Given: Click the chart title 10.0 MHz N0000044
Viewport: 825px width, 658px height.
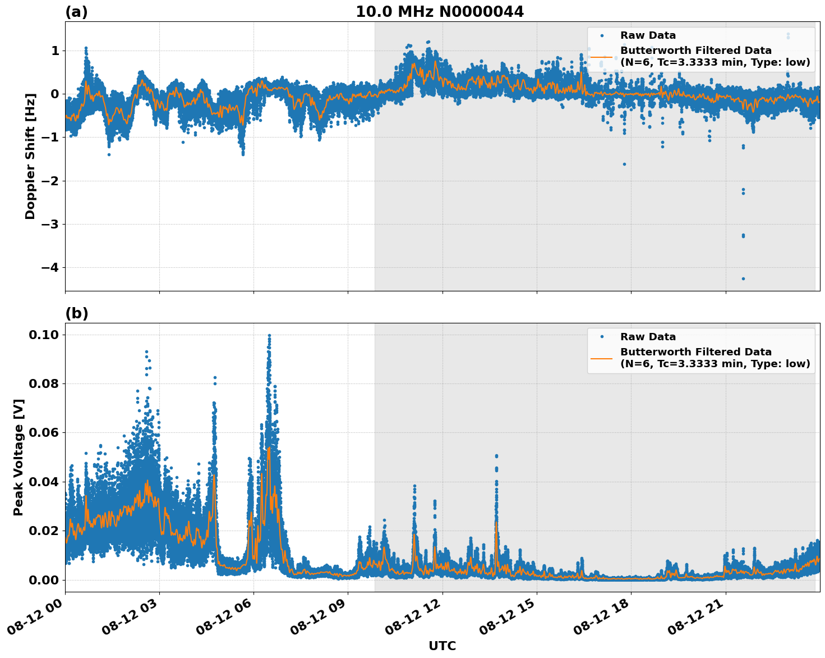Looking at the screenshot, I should (439, 12).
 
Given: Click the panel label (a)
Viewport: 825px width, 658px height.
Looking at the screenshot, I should (76, 12).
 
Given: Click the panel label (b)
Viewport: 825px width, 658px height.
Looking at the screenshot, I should (76, 313).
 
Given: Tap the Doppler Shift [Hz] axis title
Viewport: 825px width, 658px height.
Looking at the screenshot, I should (30, 156).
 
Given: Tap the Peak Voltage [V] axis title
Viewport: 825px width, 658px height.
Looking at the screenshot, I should (19, 457).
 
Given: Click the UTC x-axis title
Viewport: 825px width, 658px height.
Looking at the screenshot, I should (442, 646).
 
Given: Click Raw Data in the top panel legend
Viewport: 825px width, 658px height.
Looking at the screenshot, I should (648, 35).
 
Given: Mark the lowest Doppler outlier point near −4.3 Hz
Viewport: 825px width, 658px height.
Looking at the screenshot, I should (743, 278).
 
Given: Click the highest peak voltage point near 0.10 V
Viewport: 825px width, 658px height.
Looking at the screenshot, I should (269, 336).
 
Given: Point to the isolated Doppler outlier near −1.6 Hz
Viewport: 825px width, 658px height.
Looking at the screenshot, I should (624, 164).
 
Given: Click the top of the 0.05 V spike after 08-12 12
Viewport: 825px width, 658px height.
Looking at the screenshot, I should (496, 456).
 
